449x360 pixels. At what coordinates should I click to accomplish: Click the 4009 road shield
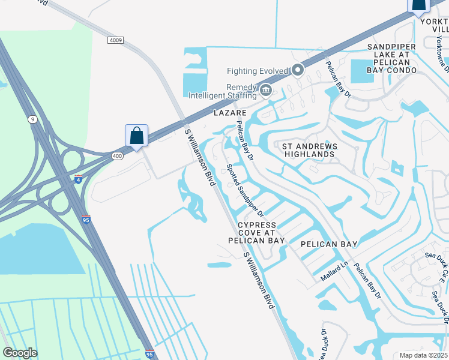(116, 40)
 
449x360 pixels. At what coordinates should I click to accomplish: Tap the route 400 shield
(116, 156)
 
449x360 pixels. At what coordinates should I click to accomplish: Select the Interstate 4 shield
(78, 179)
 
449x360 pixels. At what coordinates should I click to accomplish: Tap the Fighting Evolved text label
(258, 71)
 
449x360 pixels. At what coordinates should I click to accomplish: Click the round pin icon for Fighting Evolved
(297, 71)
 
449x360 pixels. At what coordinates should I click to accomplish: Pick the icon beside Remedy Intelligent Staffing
(266, 91)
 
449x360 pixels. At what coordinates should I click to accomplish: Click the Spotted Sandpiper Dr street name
(244, 190)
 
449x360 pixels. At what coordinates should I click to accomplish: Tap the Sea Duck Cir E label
(443, 267)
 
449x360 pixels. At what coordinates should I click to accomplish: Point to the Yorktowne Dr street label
(441, 51)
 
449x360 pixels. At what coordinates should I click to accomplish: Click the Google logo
(20, 353)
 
